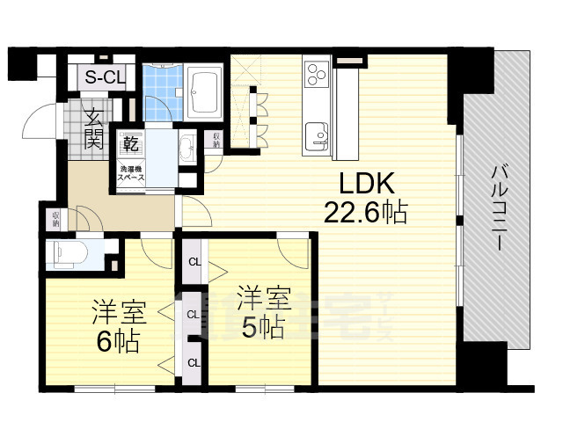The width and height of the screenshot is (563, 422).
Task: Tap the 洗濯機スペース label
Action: coord(131,171)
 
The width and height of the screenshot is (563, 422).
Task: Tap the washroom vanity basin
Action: coord(186,146)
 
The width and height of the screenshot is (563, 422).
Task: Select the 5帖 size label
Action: coord(261,328)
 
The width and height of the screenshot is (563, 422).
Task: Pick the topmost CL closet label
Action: coord(193,261)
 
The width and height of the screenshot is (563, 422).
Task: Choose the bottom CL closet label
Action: coord(193,361)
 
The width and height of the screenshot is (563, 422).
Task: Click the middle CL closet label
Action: coord(193,313)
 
